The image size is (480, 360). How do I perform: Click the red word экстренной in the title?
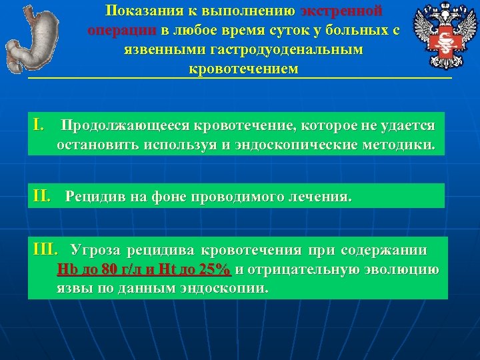coord(341,11)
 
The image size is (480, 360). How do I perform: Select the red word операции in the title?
coord(120,31)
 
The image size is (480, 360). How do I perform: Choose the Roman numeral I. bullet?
coord(39,125)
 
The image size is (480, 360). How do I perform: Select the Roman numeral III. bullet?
coord(47,250)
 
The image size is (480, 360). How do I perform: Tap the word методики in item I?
coord(403,145)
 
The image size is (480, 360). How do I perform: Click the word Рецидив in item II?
coord(90,197)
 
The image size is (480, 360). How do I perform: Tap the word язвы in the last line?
coord(71,289)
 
